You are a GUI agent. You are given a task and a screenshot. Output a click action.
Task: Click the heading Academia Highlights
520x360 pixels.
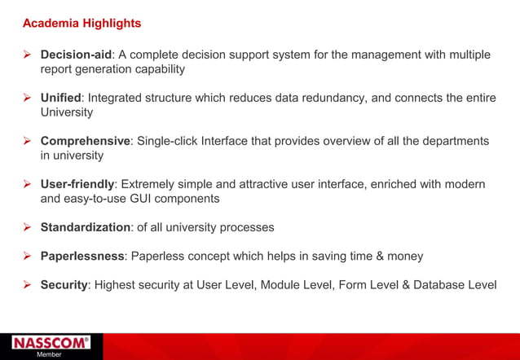pos(82,24)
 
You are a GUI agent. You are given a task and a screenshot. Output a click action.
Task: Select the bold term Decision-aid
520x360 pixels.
pos(76,55)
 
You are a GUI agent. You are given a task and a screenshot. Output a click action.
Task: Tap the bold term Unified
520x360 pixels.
pos(60,98)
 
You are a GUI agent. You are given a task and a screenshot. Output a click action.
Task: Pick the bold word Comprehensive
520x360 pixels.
pos(85,141)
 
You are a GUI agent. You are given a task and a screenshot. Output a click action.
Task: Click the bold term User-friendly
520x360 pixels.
pos(77,184)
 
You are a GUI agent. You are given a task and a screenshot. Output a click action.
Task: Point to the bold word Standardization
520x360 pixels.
pos(85,227)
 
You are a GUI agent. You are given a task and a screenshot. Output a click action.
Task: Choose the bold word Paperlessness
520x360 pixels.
pos(82,257)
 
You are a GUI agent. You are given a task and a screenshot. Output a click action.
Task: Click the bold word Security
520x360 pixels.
pos(64,285)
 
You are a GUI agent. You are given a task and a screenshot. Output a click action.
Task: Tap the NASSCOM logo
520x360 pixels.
pos(51,343)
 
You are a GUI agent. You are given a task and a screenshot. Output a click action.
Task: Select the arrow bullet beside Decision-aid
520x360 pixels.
pos(27,55)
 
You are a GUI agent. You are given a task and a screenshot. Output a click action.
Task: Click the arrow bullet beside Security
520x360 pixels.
pos(27,285)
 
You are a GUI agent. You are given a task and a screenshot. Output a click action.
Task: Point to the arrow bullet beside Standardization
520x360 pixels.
pos(27,227)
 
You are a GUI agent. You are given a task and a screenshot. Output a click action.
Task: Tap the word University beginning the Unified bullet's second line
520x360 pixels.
pos(67,112)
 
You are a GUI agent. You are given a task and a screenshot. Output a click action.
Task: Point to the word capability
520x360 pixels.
pos(160,69)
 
